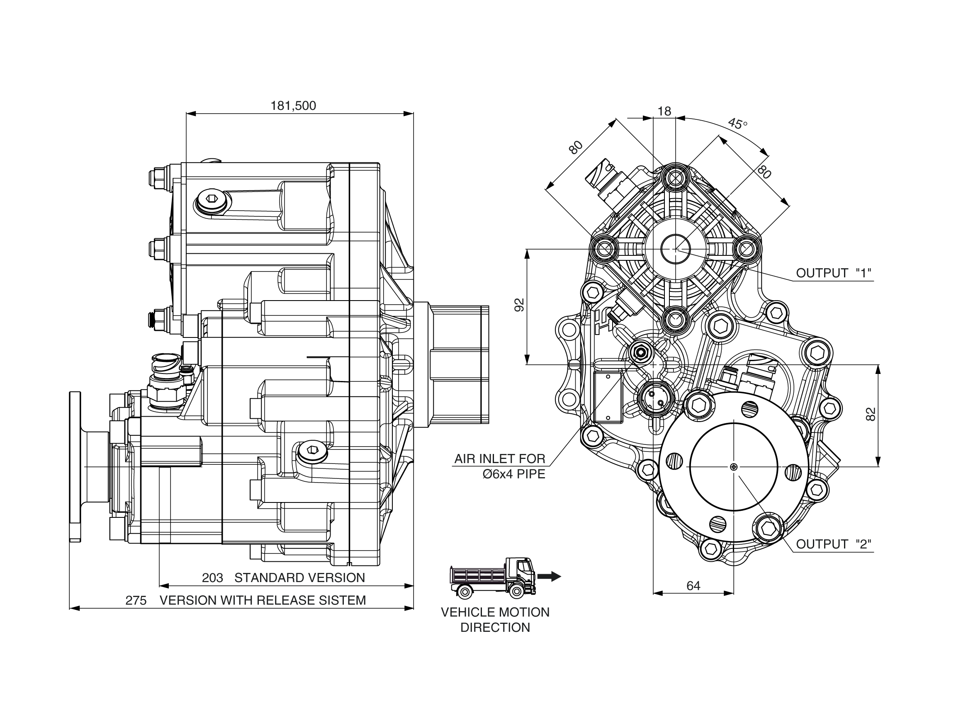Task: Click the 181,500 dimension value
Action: coord(293,106)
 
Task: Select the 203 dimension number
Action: coord(212,578)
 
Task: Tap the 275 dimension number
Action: coord(136,600)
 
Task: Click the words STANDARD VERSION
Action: coord(299,578)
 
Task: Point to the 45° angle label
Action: coord(737,124)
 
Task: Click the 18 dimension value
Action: coord(664,112)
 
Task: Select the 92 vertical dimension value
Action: coord(519,305)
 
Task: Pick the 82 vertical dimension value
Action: coord(871,414)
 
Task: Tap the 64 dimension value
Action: coord(693,586)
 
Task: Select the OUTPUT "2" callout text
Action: coord(834,544)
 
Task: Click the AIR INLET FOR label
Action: coord(499,459)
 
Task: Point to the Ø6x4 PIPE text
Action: coord(514,474)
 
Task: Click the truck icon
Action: coord(494,577)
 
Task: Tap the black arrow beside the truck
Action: coord(549,576)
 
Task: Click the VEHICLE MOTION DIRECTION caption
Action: coord(495,620)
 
